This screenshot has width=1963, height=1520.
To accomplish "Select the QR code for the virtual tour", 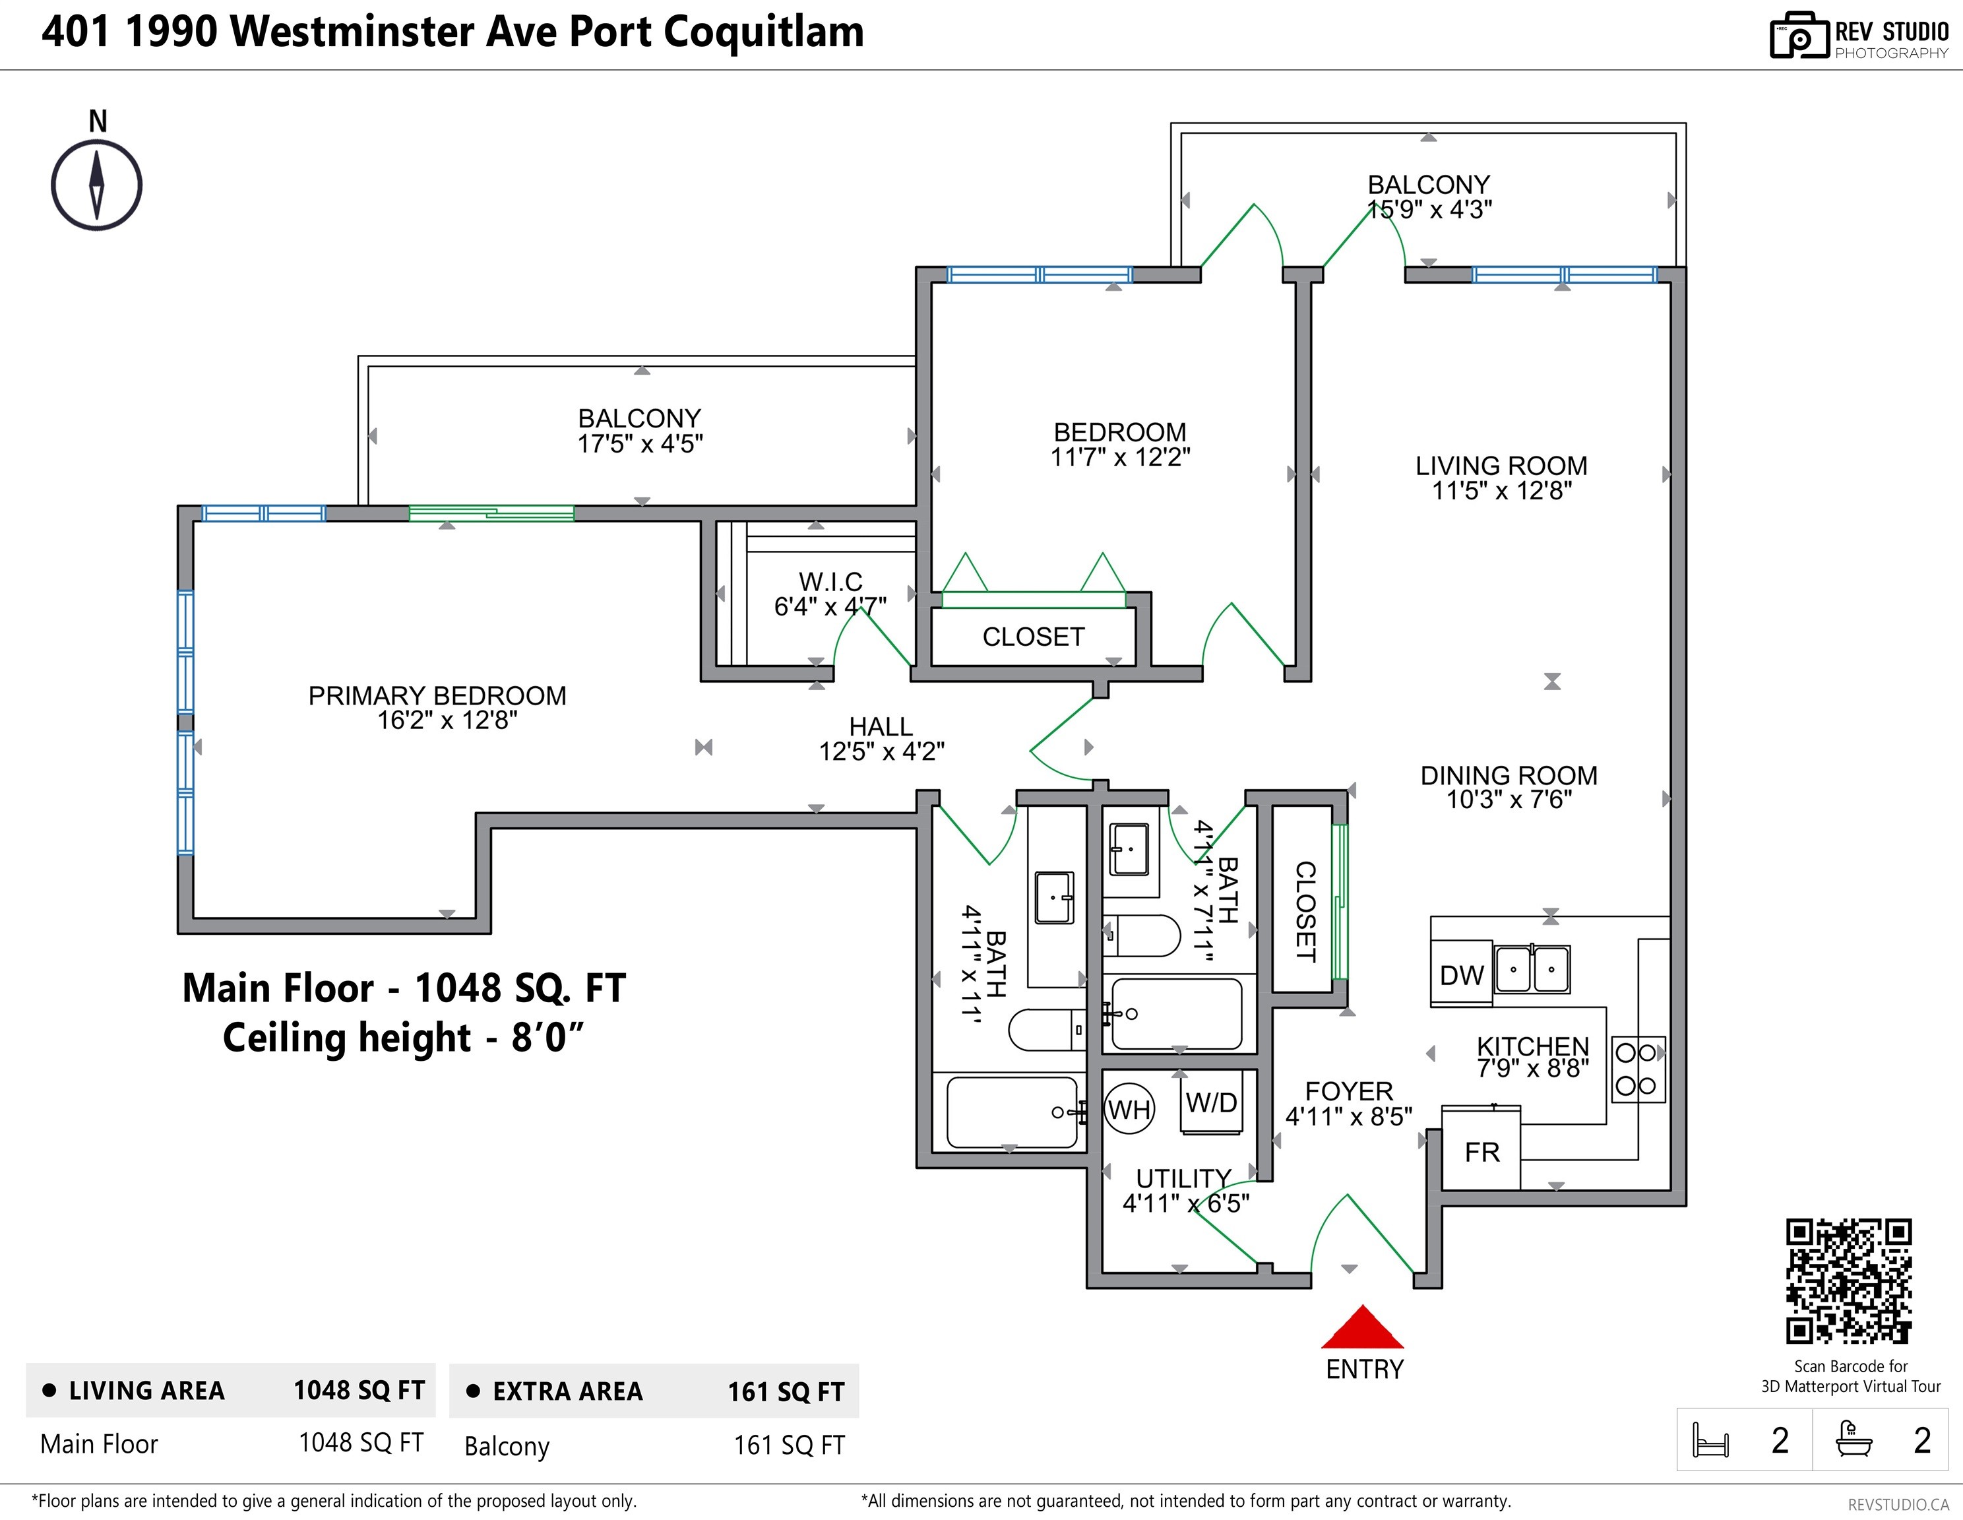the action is (1849, 1281).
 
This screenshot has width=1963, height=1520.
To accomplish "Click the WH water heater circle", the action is (1129, 1110).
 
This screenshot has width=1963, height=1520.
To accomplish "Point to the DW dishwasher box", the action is (1462, 974).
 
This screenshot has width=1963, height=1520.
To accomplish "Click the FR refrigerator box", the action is (1481, 1150).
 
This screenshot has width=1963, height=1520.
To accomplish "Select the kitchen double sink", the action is (1532, 969).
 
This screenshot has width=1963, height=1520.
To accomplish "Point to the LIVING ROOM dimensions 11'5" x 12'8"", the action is (1502, 491).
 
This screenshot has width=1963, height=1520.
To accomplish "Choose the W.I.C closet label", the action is (830, 582).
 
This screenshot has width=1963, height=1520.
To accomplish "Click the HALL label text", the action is (881, 726).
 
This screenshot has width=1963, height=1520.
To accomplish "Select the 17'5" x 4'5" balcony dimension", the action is (640, 444).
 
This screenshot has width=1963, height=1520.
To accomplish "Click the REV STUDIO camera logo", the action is (1799, 36).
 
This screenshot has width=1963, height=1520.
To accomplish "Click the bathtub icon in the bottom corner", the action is (1854, 1438).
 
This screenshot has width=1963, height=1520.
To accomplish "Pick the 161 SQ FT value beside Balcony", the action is (789, 1445).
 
